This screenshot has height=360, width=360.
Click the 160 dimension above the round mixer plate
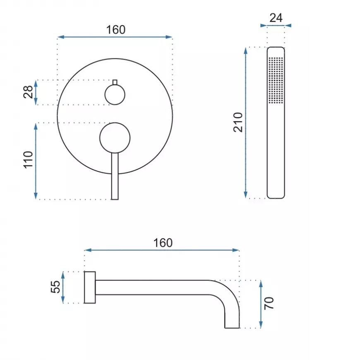click(x=116, y=30)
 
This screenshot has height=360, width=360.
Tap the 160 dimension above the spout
click(x=163, y=242)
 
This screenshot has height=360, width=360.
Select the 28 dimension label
click(x=28, y=92)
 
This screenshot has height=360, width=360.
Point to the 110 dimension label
click(x=28, y=160)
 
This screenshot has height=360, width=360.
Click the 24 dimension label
click(x=276, y=18)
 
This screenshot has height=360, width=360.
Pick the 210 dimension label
click(x=238, y=122)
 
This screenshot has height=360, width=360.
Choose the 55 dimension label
click(x=55, y=287)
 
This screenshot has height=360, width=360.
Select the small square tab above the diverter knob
click(x=115, y=82)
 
